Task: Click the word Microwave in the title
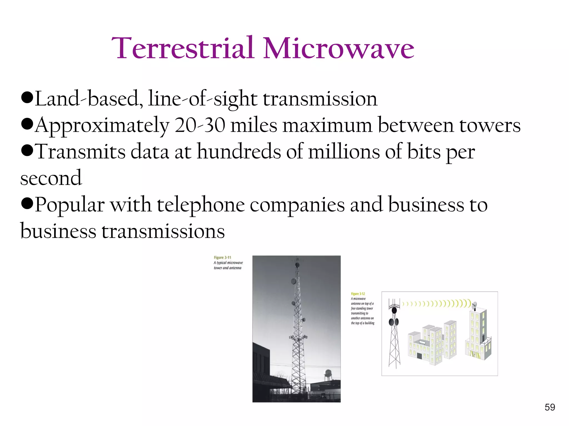338,49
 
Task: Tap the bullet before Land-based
27,98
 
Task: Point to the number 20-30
200,125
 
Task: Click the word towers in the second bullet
490,125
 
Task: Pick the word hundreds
239,152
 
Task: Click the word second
51,178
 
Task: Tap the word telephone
201,205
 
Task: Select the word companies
297,205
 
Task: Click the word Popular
70,205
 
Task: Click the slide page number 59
550,407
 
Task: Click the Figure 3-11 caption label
222,258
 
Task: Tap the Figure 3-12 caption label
358,294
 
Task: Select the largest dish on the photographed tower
293,282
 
